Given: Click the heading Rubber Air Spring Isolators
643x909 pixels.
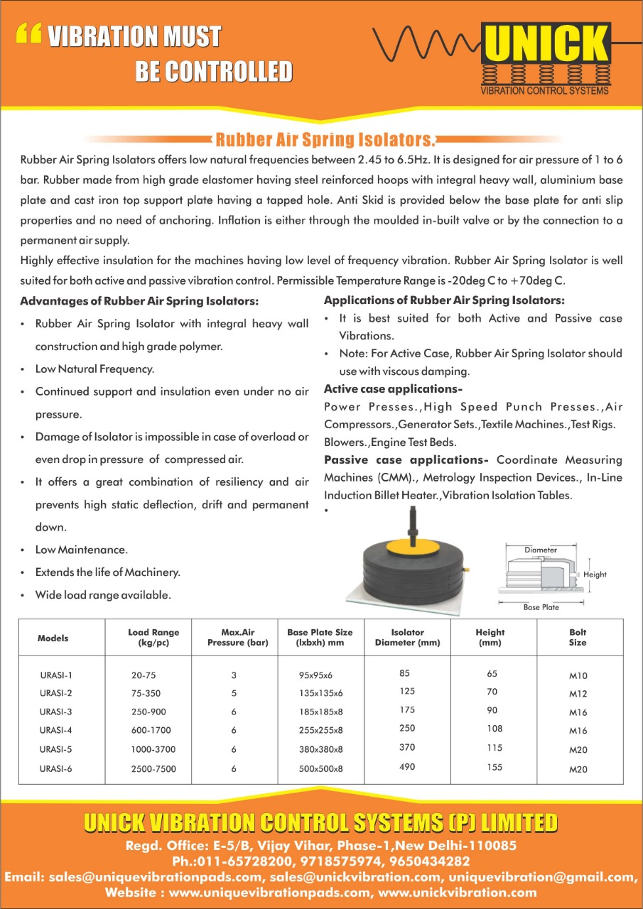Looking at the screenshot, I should coord(324,138).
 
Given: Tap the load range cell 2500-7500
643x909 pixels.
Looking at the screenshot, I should coord(153,768).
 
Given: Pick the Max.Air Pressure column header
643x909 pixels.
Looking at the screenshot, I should coord(233,637).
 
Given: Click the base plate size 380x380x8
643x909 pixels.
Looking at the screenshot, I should coord(320,749).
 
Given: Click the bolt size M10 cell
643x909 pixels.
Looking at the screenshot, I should coord(578,676).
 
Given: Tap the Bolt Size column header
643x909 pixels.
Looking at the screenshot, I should coord(578,637).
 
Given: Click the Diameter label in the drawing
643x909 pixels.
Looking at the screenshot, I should coord(541,550).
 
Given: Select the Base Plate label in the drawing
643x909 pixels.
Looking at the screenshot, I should coord(541,607).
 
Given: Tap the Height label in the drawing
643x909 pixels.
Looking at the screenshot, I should coord(595,574).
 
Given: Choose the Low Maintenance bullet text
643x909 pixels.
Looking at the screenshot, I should coord(82,550).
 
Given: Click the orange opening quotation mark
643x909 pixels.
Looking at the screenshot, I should coord(28,33).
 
